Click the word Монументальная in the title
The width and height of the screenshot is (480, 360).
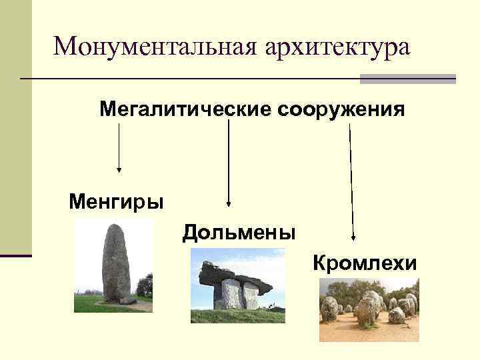click(x=156, y=46)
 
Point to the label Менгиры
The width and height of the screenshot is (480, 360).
click(x=116, y=201)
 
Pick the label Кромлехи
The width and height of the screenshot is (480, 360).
click(x=365, y=263)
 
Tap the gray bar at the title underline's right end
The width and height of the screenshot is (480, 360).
click(x=407, y=79)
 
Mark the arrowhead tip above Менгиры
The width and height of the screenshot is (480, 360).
click(x=119, y=169)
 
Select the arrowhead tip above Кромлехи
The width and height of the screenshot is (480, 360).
click(x=353, y=238)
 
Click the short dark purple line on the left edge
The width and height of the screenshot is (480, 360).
click(x=15, y=255)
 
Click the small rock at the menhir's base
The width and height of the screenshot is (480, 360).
click(x=127, y=301)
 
